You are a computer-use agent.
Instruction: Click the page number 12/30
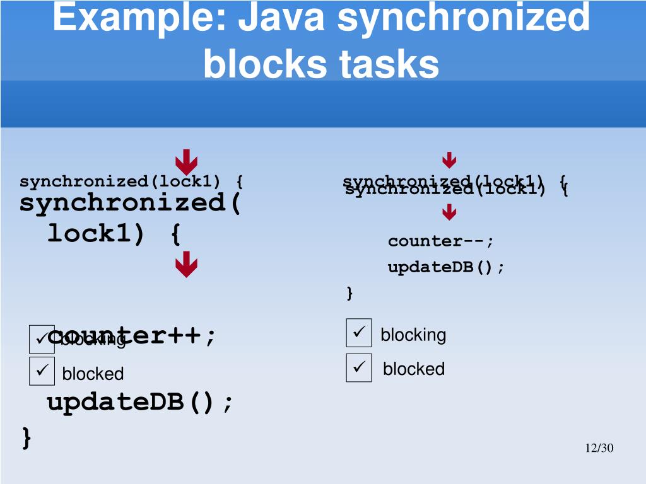599,448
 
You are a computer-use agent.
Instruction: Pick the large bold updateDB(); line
140,401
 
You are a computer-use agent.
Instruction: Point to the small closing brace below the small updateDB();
349,293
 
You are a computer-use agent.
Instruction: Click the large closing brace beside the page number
26,437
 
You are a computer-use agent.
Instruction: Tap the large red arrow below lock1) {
187,265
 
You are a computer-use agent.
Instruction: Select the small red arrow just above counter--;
449,213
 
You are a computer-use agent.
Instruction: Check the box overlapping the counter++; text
42,339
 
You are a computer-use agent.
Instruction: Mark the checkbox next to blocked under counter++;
42,371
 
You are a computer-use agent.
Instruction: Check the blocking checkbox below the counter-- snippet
359,333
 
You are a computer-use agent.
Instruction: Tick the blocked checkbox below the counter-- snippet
359,367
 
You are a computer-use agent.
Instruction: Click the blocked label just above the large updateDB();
93,374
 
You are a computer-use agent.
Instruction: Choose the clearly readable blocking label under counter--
413,335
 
